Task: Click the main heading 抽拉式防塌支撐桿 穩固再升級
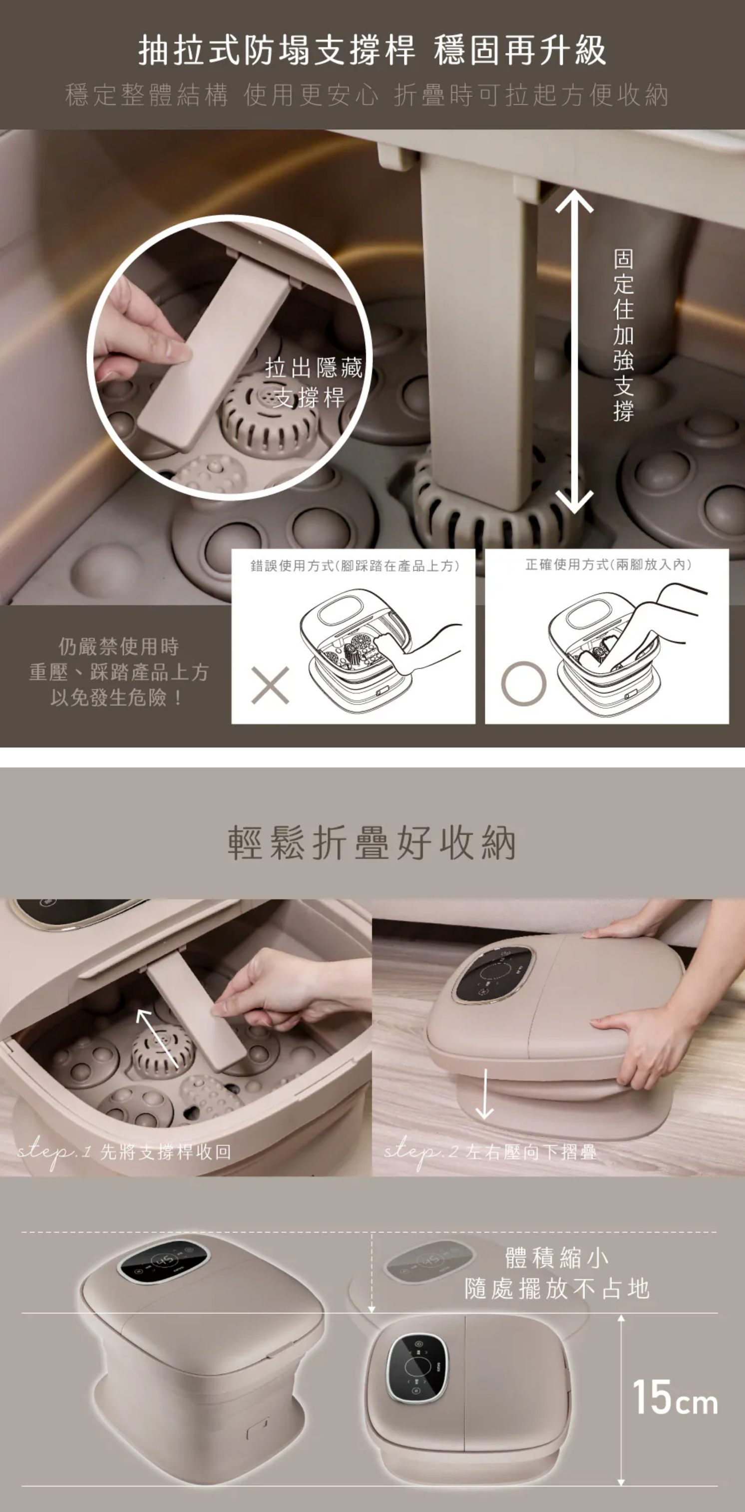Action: [x=372, y=50]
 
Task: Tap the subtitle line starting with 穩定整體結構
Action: [x=367, y=95]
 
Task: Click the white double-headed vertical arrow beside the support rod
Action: [x=574, y=352]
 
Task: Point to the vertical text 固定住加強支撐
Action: [x=624, y=335]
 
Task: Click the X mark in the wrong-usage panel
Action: [x=270, y=685]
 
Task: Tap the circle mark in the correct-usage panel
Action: [x=524, y=683]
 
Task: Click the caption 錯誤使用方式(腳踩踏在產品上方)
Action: [x=355, y=565]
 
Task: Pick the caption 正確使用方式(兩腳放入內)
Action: [x=608, y=564]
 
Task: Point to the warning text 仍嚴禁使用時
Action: [x=118, y=646]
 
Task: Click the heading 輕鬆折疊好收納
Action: [x=372, y=842]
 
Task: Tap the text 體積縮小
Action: [x=557, y=1257]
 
